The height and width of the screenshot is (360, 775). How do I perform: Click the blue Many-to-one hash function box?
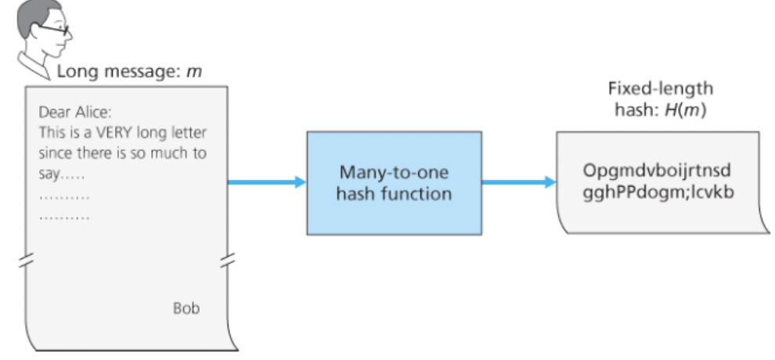[x=393, y=182]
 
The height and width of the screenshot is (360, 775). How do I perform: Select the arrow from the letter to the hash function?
[x=266, y=182]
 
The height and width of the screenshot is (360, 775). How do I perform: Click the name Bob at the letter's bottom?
[x=186, y=308]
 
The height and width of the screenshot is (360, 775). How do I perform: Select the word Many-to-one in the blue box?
[x=394, y=171]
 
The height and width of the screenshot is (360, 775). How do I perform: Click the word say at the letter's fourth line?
[x=51, y=173]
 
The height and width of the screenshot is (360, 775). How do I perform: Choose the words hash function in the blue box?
[x=394, y=193]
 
